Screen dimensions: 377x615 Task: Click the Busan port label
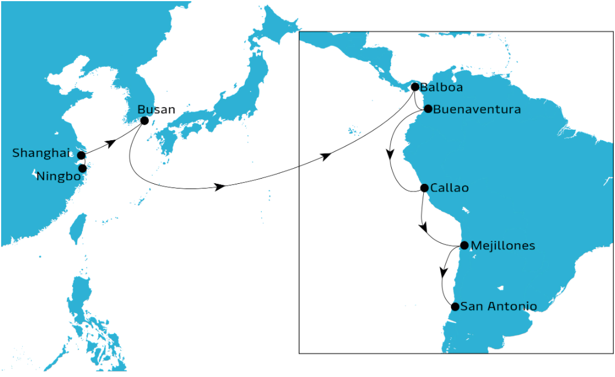click(156, 109)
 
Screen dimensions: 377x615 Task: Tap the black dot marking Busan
click(144, 120)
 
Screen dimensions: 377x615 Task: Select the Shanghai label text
click(41, 154)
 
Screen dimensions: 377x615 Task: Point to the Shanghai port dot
click(81, 155)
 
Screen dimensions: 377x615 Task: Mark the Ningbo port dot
click(83, 168)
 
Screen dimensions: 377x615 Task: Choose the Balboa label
click(441, 88)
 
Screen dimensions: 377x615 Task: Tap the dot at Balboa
click(415, 87)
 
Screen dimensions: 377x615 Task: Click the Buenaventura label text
click(477, 109)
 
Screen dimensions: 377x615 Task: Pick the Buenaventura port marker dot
click(428, 109)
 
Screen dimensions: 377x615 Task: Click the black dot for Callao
click(424, 188)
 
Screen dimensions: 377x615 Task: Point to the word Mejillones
click(503, 246)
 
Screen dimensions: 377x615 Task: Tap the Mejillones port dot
click(464, 246)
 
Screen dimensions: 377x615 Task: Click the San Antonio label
click(498, 306)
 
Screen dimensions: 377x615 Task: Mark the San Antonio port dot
click(455, 307)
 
